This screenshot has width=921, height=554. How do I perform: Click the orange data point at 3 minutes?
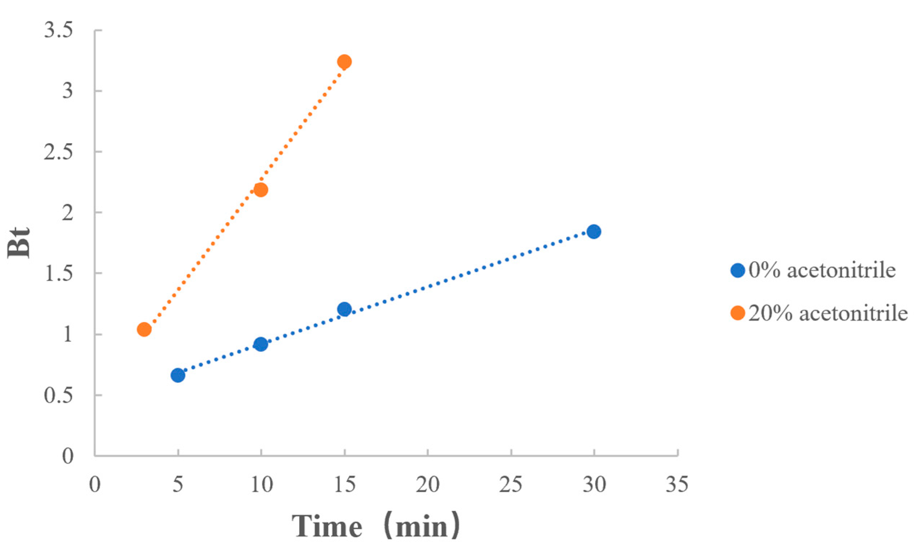(x=144, y=329)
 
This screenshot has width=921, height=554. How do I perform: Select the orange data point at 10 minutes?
(x=260, y=190)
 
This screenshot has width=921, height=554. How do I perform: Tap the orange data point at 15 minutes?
(x=344, y=61)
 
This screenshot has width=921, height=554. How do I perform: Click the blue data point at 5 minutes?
(x=178, y=375)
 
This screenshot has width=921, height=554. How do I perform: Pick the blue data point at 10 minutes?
(x=261, y=344)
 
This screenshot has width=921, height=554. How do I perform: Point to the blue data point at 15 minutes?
(x=344, y=309)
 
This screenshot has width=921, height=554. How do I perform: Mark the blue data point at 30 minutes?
(x=593, y=232)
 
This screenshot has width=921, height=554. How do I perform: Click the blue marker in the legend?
(x=737, y=270)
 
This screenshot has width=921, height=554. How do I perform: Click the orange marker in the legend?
(x=737, y=313)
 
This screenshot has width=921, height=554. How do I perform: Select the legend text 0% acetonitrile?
(x=822, y=270)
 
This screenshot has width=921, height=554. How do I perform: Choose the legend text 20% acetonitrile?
(x=828, y=313)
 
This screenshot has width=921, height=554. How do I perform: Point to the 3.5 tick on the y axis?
(x=58, y=30)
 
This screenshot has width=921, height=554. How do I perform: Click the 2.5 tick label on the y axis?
(x=58, y=152)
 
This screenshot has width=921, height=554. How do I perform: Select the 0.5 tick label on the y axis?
(x=58, y=395)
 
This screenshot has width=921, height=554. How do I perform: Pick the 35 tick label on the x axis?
(x=677, y=485)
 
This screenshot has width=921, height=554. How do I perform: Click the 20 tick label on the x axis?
(x=427, y=485)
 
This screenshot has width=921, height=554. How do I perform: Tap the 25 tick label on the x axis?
(x=510, y=485)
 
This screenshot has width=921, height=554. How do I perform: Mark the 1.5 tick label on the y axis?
(x=58, y=273)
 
